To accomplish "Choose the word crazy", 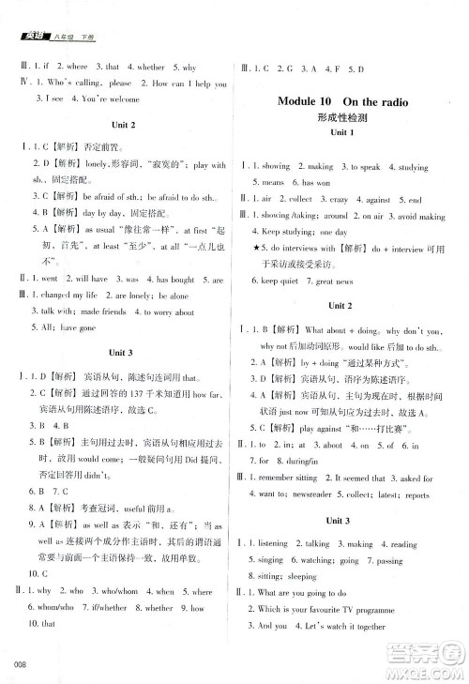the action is tap(359, 200).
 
